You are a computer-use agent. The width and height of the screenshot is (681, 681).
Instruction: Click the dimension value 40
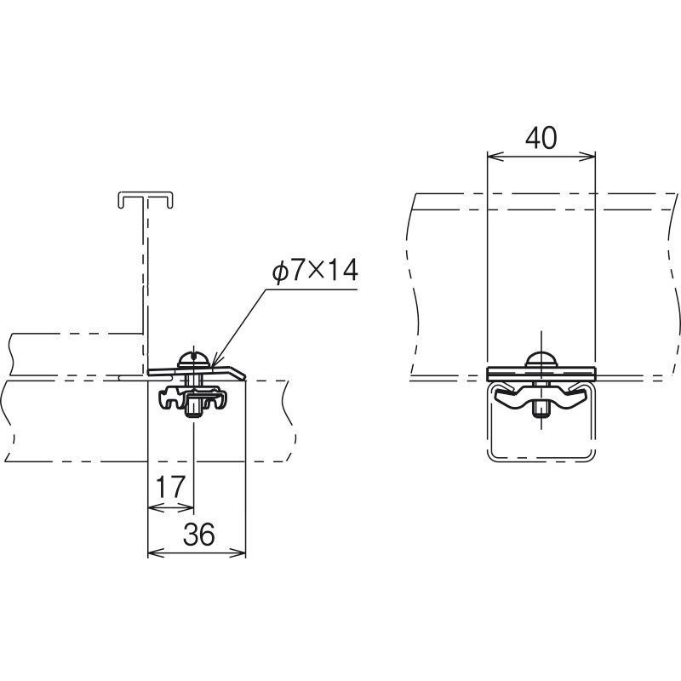pyautogui.click(x=541, y=138)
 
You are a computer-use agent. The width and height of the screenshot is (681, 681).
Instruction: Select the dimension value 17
pyautogui.click(x=170, y=487)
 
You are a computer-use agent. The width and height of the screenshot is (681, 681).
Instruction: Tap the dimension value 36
pyautogui.click(x=199, y=535)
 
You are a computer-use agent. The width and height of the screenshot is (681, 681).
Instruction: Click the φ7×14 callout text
pyautogui.click(x=315, y=271)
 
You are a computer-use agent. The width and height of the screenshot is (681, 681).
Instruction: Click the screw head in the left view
pyautogui.click(x=194, y=361)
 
